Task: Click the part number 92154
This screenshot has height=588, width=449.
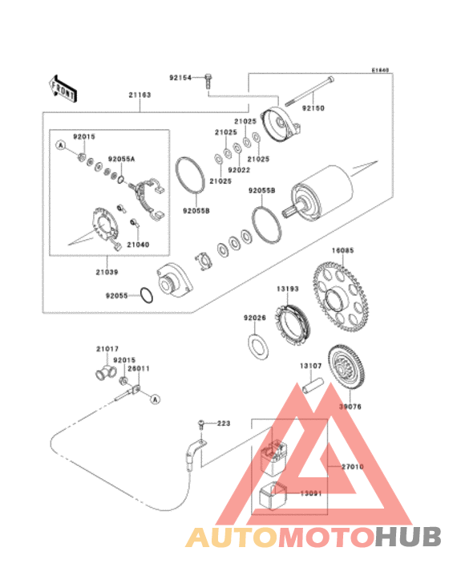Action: [180, 78]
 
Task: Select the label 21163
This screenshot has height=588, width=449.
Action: [140, 95]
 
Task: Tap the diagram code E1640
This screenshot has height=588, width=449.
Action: [379, 70]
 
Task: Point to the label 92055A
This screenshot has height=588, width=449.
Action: [122, 159]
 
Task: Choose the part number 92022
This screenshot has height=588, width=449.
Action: [238, 170]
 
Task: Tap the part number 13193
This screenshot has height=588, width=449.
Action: [288, 286]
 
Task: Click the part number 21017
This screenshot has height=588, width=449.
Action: [107, 349]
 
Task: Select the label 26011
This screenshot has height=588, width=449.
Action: [139, 368]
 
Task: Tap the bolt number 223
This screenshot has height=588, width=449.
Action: [223, 422]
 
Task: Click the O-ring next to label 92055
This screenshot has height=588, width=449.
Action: [148, 295]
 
